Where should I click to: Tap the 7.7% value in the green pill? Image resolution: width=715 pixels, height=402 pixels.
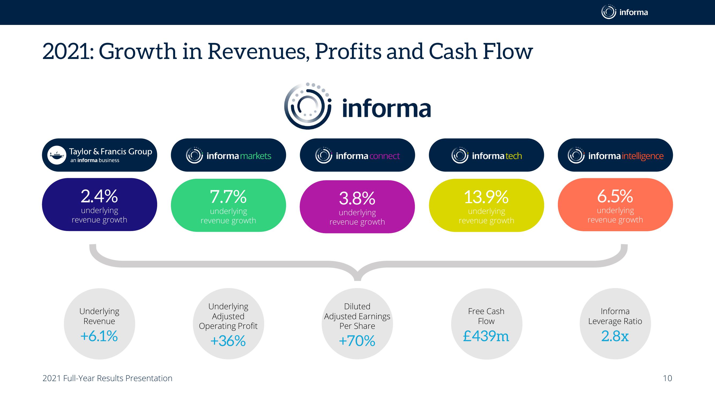228,197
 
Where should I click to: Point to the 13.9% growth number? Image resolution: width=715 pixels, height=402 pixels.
486,197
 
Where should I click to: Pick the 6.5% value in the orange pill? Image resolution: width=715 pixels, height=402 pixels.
615,196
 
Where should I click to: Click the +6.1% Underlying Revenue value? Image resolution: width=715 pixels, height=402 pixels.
99,336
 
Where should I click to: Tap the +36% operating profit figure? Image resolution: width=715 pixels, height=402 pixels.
228,341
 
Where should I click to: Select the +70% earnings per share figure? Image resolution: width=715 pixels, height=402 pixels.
357,341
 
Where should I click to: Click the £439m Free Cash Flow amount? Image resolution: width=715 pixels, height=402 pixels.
486,336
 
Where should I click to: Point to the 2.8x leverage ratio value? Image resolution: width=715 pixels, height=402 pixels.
615,336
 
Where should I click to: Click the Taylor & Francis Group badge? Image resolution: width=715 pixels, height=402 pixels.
99,155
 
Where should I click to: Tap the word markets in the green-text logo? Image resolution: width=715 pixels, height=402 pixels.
256,156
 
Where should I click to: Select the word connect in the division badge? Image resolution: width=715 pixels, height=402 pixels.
385,156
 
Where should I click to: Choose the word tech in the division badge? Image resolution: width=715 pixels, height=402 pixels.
514,156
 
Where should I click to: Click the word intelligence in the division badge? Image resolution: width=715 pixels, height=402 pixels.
643,156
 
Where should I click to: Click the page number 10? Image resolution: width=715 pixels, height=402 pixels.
668,378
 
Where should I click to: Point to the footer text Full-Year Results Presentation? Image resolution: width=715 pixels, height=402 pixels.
118,378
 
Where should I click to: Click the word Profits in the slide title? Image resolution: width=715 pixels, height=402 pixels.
348,51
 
